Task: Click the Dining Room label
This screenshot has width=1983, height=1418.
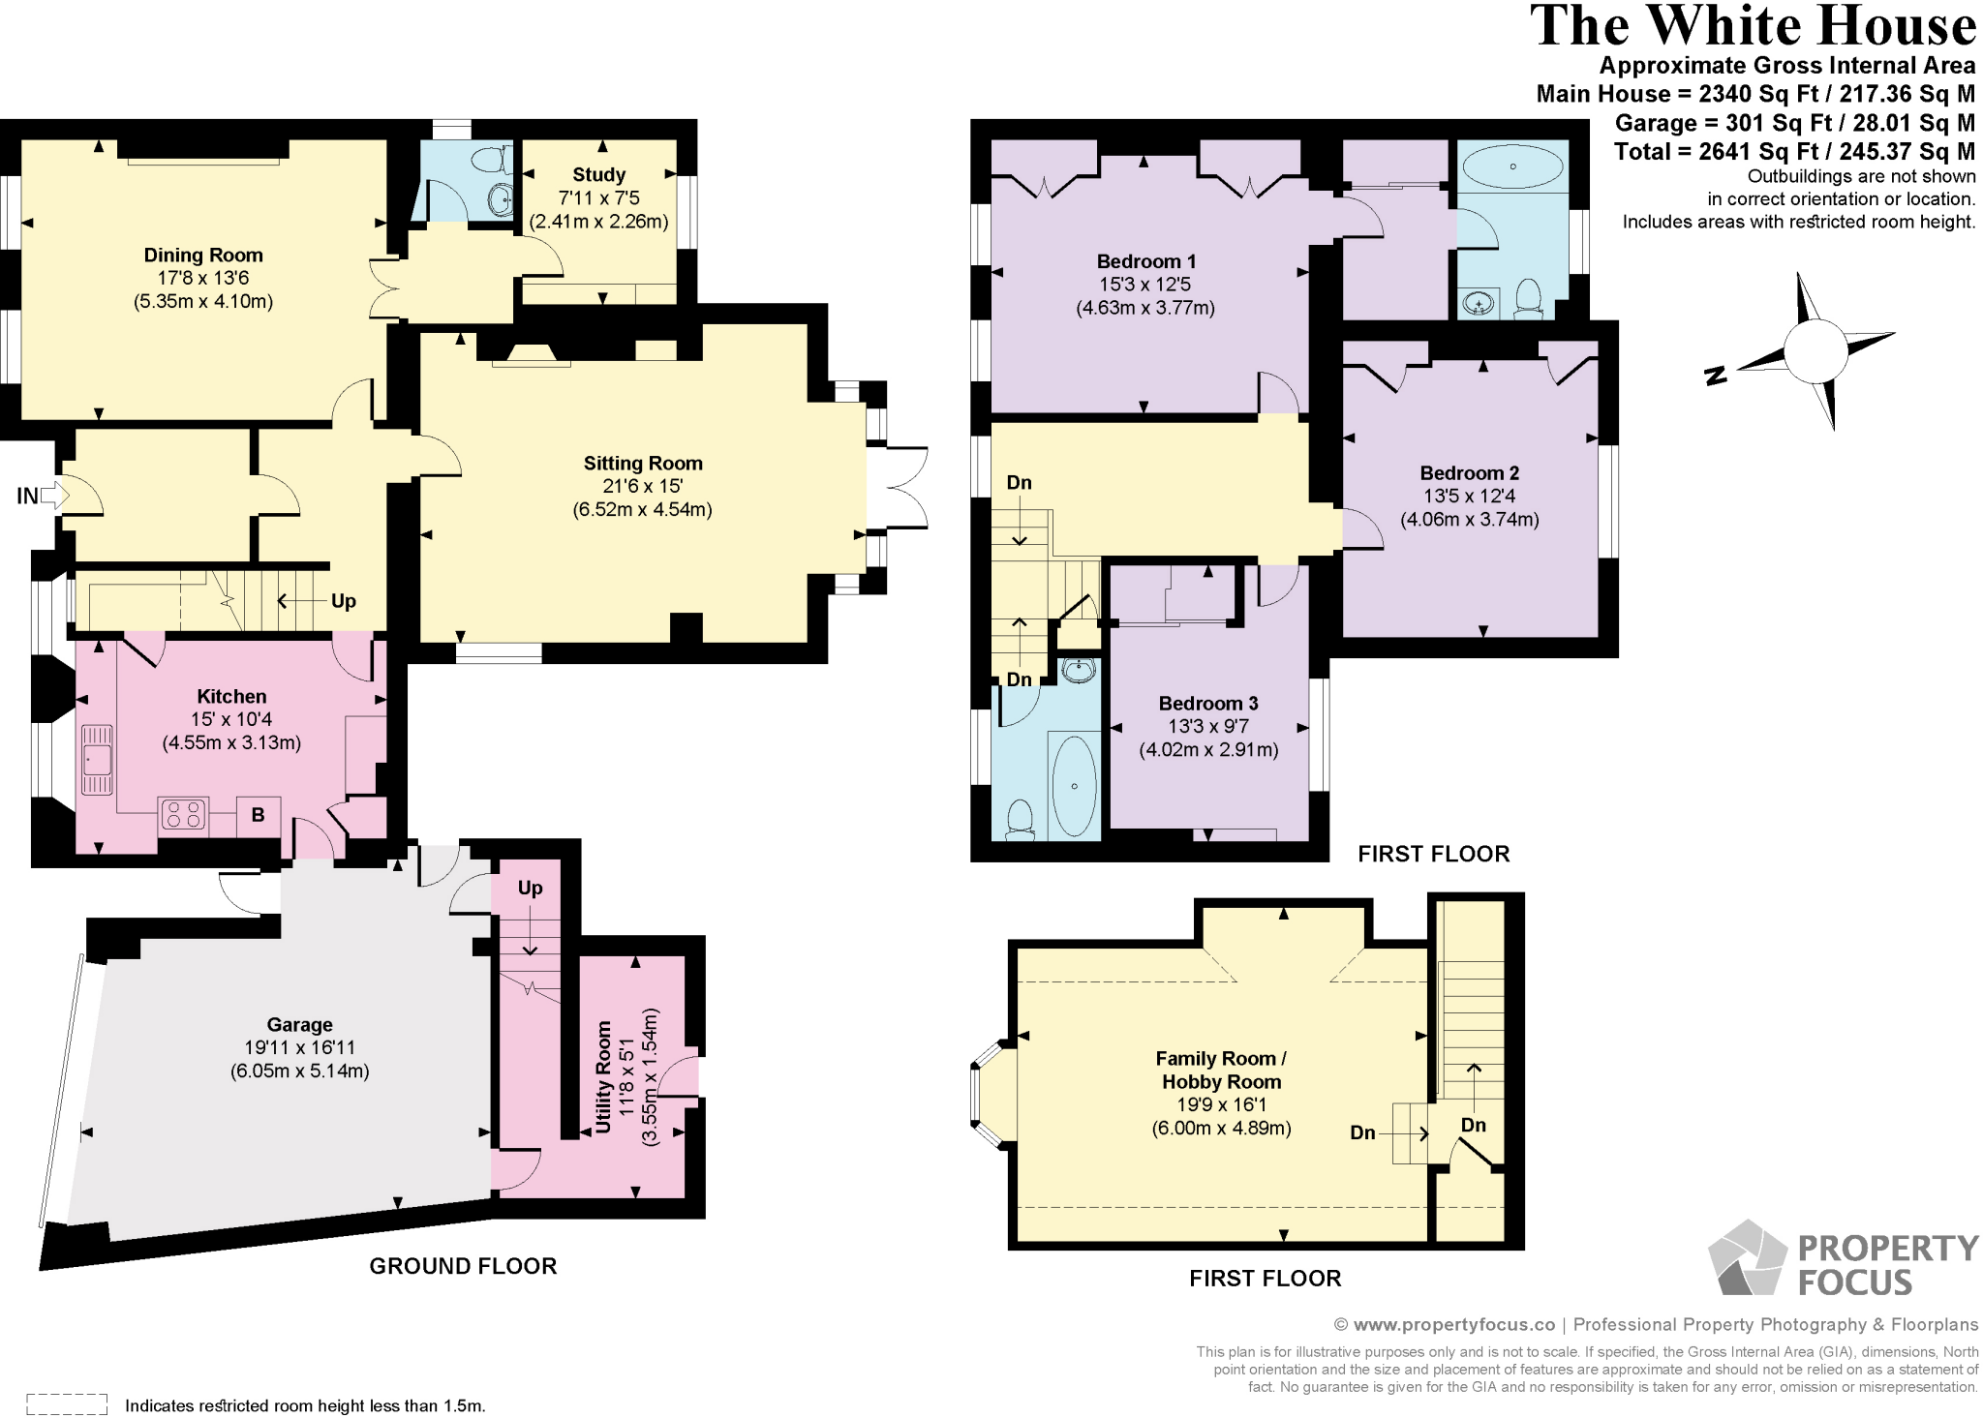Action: [x=203, y=256]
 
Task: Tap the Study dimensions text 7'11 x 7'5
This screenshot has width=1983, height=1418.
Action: [x=598, y=198]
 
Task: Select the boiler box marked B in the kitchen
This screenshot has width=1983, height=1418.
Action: [x=259, y=815]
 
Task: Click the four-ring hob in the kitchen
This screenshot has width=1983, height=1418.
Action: [x=184, y=814]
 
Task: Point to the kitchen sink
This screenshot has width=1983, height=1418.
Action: [x=97, y=760]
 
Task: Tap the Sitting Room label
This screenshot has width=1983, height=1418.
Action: [x=643, y=464]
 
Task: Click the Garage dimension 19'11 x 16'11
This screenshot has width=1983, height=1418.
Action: [x=299, y=1047]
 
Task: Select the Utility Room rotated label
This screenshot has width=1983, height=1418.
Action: [x=603, y=1076]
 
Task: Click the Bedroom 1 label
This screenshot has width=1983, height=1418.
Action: [x=1145, y=261]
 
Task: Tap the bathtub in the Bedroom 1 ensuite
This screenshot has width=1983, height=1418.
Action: [x=1511, y=167]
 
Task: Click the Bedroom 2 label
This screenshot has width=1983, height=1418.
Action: [x=1469, y=473]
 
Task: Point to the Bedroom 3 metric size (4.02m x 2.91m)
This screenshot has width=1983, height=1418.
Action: [x=1207, y=749]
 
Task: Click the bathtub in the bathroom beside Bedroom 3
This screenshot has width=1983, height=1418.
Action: [x=1074, y=786]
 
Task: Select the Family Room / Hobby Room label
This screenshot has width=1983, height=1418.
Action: [x=1221, y=1071]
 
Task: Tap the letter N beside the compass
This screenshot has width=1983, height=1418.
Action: [x=1715, y=377]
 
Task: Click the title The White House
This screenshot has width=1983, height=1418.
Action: [x=1753, y=26]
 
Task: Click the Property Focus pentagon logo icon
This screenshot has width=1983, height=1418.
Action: [x=1747, y=1259]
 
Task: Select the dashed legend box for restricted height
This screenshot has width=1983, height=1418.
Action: [x=66, y=1403]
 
